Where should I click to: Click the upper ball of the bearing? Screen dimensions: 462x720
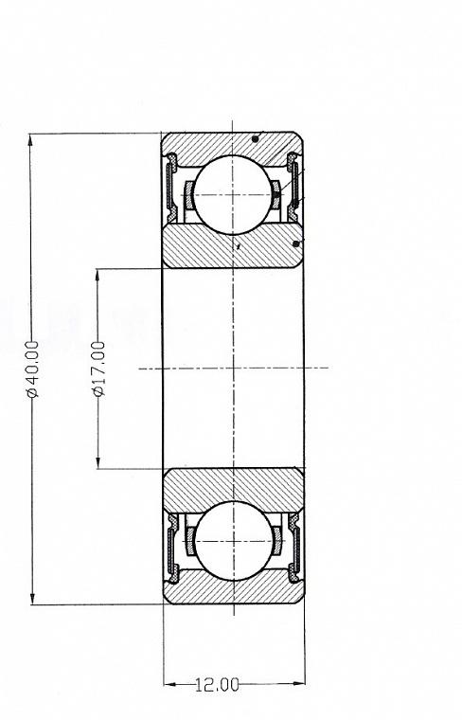pos(233,195)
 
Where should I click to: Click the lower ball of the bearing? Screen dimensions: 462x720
pos(234,541)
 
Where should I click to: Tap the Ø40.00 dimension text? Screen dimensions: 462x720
pos(32,369)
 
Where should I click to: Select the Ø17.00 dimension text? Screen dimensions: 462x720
pos(98,369)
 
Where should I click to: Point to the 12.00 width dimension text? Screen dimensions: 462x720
pos(217,685)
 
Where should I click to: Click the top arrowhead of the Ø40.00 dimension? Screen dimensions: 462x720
pos(30,139)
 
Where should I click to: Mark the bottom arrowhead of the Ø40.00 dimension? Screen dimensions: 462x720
pos(32,599)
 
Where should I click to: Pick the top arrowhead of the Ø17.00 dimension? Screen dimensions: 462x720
pos(98,275)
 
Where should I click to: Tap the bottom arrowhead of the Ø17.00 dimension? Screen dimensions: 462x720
pos(98,463)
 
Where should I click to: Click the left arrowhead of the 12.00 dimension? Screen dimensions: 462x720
pos(169,684)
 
